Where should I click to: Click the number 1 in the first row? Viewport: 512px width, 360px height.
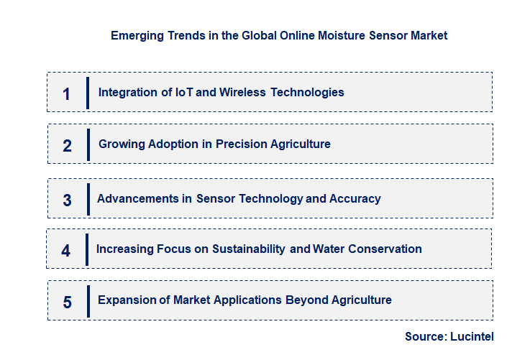tap(66, 93)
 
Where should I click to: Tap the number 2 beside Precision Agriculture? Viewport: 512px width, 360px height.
tap(67, 146)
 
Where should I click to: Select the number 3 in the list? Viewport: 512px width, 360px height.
tap(67, 200)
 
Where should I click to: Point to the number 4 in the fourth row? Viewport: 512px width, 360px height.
tap(66, 251)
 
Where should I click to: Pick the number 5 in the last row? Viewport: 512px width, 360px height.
tap(67, 302)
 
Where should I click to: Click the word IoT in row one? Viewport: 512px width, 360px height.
tap(184, 92)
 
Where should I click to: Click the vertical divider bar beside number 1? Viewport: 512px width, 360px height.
tap(87, 93)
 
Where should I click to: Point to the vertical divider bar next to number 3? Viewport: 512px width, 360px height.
tap(87, 199)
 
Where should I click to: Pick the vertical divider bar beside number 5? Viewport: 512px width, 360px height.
tap(88, 300)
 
